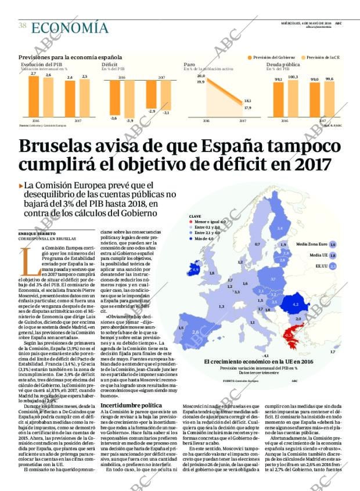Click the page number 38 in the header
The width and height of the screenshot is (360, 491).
point(22,26)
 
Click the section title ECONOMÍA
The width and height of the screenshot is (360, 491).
point(69,27)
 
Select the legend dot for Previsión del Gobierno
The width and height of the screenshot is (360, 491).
point(250,57)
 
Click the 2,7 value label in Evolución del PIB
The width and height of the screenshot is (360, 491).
point(33,73)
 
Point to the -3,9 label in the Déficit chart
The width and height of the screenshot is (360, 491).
point(130,121)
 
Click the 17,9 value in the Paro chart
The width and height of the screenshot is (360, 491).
point(248,108)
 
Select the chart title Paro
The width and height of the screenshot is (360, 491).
point(189,64)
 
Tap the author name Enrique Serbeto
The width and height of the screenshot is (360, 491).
point(35,233)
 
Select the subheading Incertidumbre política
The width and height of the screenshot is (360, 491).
point(131,405)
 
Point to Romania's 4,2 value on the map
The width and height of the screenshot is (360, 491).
point(296,304)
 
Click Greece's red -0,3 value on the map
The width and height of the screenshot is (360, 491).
point(289,335)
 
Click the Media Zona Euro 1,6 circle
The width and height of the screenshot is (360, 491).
point(333,244)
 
